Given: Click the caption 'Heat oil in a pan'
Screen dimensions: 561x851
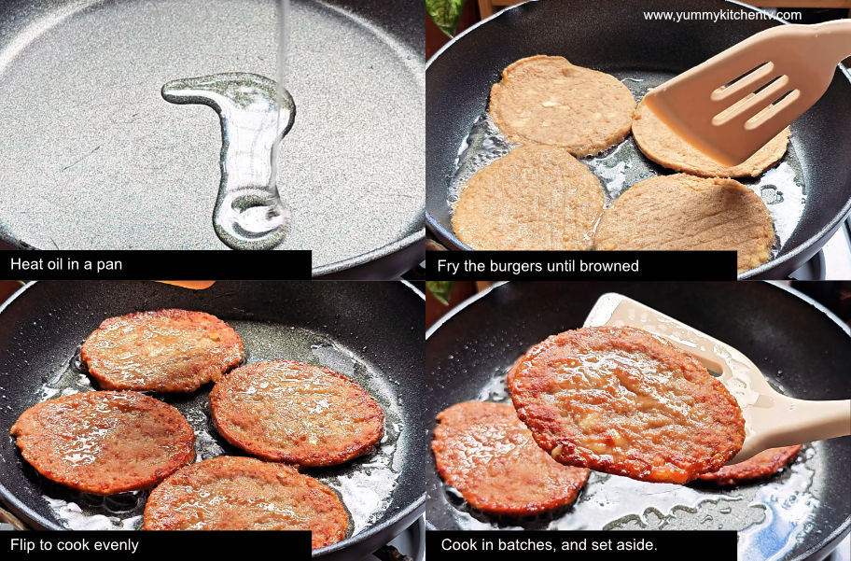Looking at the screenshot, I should tap(66, 265).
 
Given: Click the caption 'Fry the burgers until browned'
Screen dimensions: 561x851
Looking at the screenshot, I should tap(537, 266).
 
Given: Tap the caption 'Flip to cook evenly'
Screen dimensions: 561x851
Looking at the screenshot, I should tap(75, 545).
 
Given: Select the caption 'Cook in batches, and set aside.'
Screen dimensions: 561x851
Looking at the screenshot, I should tap(550, 545).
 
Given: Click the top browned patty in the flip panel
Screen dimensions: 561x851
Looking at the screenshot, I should tap(161, 350).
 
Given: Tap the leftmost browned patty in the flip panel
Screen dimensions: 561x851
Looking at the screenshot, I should tap(103, 441).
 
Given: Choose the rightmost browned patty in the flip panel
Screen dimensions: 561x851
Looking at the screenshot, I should tap(297, 413).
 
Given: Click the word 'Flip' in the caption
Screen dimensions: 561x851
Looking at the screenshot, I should tap(23, 545).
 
